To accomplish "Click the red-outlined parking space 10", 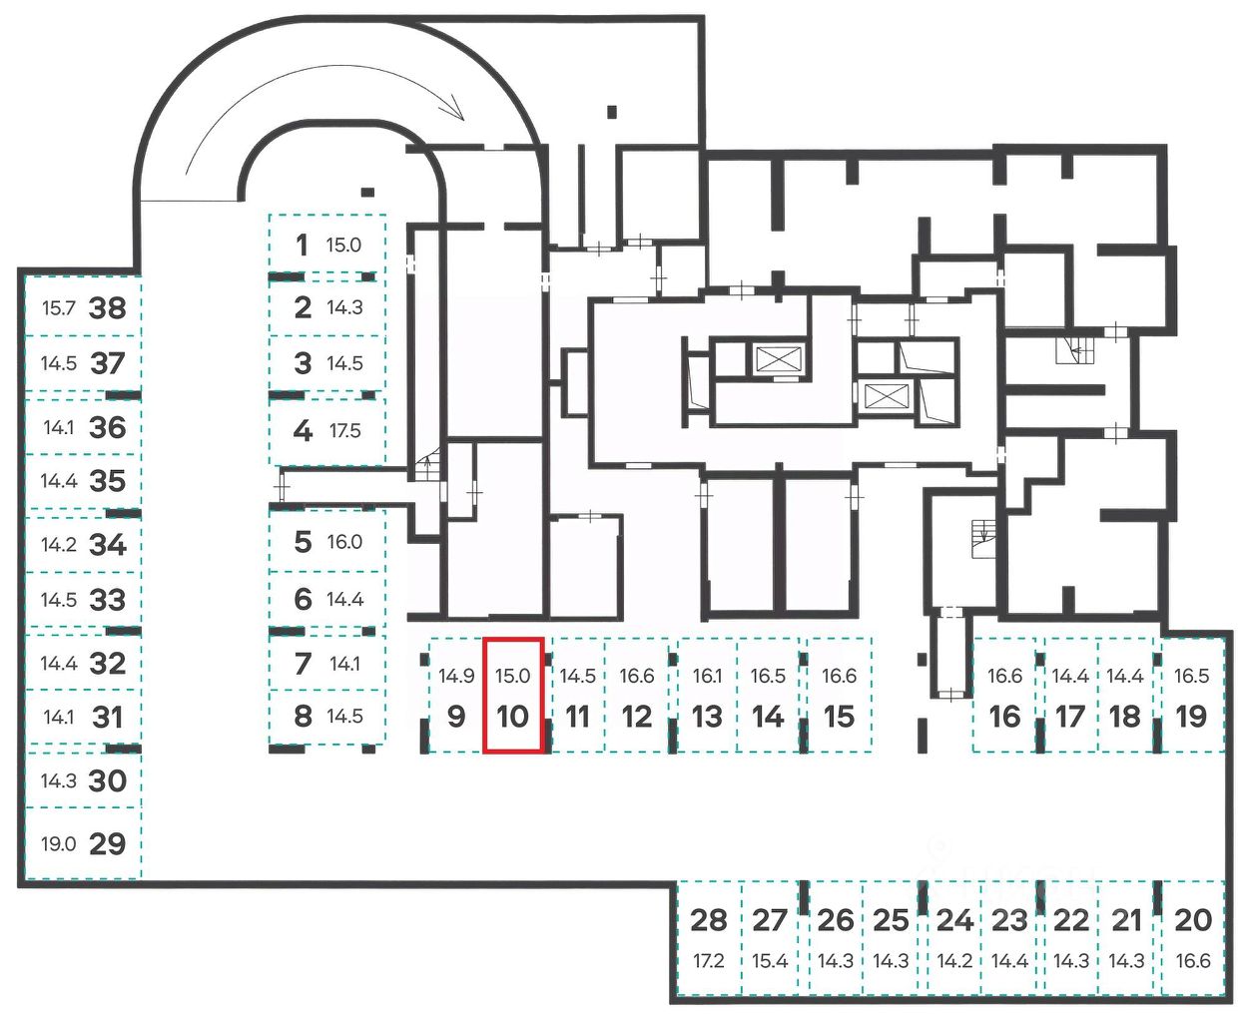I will point(513,696).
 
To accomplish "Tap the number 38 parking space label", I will point(108,307).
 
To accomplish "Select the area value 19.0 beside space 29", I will point(58,844).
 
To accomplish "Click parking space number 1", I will point(302,245).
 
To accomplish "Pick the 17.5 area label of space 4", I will point(345,431).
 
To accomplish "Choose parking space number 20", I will point(1192,919).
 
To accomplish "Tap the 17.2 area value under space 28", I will point(708,961).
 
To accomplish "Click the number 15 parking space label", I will point(839,717).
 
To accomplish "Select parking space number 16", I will point(1004,717).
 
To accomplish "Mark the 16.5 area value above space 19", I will point(1191,676).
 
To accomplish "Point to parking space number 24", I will point(954,919).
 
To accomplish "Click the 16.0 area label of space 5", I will point(344,542).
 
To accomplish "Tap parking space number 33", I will point(108,600).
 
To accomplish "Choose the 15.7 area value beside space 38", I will point(58,307).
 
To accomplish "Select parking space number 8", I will point(303,716).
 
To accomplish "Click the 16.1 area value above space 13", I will point(707,676).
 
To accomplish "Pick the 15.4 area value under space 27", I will point(770,961).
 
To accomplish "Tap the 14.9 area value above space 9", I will point(456,676).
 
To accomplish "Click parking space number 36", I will point(108,427).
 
